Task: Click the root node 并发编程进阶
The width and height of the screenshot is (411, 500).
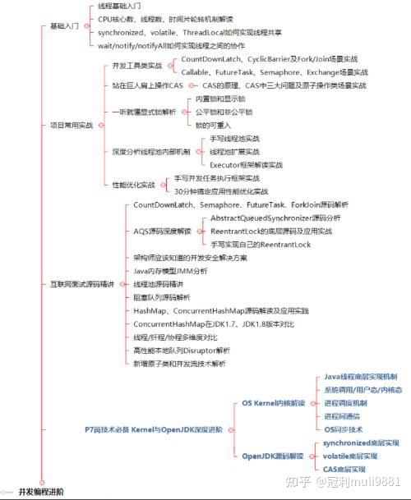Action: pyautogui.click(x=40, y=492)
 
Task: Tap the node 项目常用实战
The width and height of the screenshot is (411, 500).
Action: pyautogui.click(x=71, y=125)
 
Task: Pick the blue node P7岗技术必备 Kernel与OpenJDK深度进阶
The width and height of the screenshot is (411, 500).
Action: pyautogui.click(x=153, y=429)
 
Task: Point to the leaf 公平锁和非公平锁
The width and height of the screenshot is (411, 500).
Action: pyautogui.click(x=224, y=112)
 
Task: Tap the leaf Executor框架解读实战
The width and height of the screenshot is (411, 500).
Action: pyautogui.click(x=246, y=165)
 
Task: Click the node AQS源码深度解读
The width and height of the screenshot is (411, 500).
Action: pyautogui.click(x=162, y=232)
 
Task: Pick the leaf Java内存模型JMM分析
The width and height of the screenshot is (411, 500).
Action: pyautogui.click(x=170, y=271)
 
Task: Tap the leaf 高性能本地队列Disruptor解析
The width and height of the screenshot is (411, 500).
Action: pyautogui.click(x=187, y=350)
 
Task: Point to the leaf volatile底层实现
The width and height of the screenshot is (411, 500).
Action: pyautogui.click(x=355, y=455)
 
